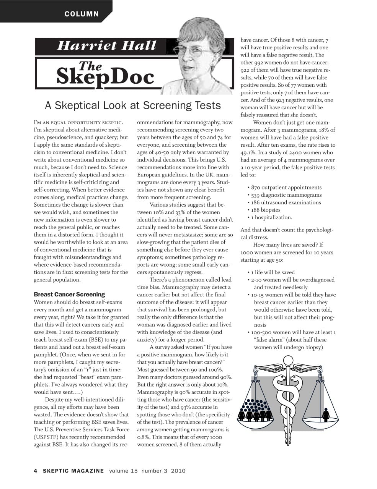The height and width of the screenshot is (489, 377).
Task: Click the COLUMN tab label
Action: click(82, 14)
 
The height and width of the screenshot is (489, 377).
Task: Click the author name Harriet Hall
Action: click(107, 46)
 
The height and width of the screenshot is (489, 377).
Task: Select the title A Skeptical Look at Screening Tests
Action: click(133, 105)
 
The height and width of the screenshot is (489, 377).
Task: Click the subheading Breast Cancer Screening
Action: click(69, 295)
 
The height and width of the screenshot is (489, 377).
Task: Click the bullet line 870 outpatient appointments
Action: click(286, 188)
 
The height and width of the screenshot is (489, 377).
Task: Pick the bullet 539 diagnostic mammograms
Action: click(286, 195)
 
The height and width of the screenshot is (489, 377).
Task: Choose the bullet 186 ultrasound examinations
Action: click(286, 202)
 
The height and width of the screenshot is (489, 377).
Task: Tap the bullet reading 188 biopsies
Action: click(266, 210)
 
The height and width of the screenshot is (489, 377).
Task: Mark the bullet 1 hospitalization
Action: click(271, 217)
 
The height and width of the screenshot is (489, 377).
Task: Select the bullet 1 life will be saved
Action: click(273, 272)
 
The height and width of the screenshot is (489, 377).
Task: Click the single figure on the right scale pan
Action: click(326, 414)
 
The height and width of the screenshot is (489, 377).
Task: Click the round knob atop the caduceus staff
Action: click(287, 360)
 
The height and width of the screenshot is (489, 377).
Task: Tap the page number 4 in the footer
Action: click(36, 471)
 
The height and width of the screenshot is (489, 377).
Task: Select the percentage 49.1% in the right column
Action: click(248, 152)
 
